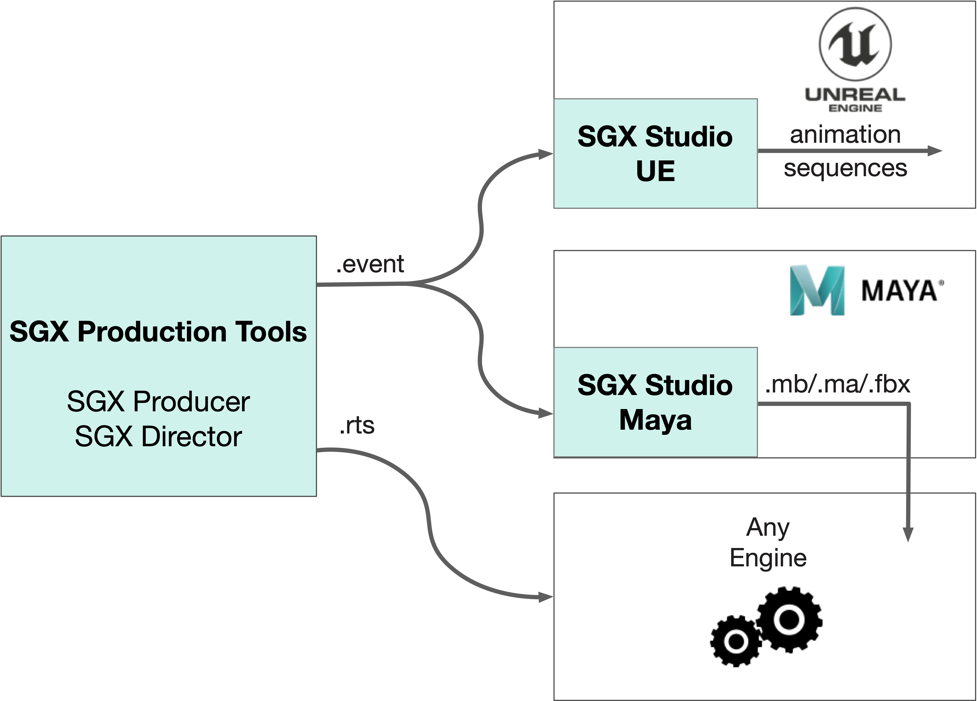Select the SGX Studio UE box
655,154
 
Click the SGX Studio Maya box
655,402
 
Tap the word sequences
845,168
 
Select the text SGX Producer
158,402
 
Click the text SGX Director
158,437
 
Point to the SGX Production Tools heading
158,332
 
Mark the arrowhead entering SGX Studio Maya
546,414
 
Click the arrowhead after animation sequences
935,151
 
